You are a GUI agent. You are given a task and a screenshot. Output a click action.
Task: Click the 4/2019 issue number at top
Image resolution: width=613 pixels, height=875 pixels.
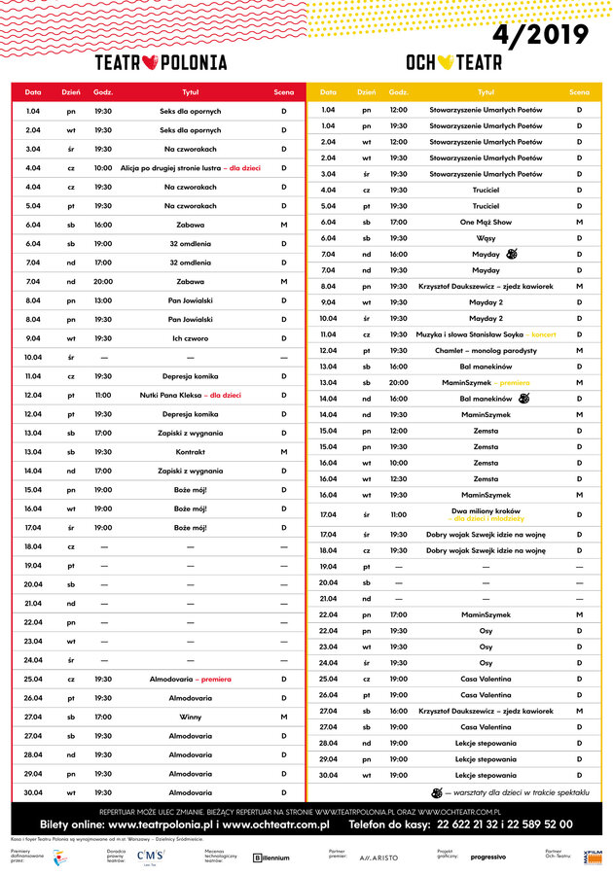click(x=540, y=35)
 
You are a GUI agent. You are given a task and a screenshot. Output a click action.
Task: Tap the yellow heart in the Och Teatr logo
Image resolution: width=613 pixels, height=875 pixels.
click(x=445, y=63)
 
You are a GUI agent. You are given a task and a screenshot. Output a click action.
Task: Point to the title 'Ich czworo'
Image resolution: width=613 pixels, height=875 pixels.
click(x=190, y=338)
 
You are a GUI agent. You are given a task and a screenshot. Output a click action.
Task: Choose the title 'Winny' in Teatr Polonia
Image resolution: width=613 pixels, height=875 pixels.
click(x=190, y=717)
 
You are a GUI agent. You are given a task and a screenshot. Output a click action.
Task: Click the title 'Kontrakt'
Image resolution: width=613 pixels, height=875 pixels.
click(x=190, y=452)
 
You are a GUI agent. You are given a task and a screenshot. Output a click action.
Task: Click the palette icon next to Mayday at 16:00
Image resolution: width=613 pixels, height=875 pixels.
click(x=514, y=254)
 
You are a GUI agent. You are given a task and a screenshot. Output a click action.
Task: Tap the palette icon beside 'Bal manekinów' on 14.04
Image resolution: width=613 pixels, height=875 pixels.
click(x=525, y=398)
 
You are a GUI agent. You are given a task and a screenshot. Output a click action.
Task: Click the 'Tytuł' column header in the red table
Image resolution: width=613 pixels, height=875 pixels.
click(x=190, y=92)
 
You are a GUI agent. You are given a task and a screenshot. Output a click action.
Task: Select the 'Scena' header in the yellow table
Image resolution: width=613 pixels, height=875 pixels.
click(x=579, y=92)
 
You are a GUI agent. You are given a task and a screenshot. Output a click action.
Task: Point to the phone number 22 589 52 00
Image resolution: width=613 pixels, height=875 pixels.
click(x=534, y=824)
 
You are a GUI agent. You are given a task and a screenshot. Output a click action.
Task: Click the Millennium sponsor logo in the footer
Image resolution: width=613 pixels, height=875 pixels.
click(x=271, y=857)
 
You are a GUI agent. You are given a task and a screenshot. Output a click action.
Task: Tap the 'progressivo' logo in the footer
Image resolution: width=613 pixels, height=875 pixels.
click(x=487, y=857)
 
